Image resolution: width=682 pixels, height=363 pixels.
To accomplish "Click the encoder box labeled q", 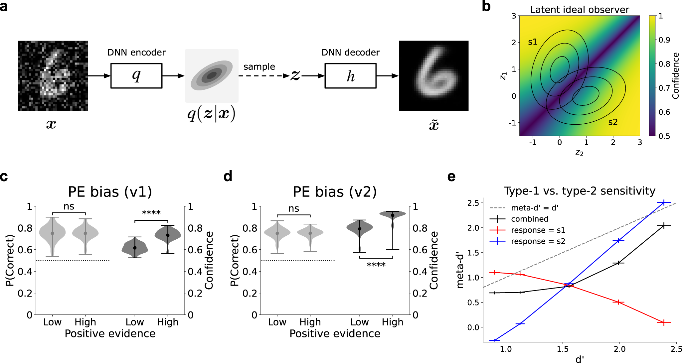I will click(136, 76).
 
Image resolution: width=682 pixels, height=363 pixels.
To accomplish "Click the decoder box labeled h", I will click(350, 76).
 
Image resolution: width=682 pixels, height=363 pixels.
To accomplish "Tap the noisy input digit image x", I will click(53, 76).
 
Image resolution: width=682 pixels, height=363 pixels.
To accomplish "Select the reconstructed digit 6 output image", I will click(434, 76).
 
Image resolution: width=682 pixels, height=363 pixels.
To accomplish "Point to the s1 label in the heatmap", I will click(533, 42).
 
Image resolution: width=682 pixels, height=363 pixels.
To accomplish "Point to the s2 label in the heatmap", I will click(613, 122).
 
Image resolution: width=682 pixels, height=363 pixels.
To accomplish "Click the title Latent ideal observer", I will click(580, 10).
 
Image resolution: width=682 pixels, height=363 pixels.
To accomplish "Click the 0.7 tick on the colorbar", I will click(664, 88).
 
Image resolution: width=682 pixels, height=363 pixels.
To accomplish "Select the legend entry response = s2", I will click(538, 241).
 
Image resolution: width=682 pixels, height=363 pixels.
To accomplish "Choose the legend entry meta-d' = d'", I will click(535, 208).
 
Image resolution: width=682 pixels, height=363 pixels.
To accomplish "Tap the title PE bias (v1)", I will click(110, 192).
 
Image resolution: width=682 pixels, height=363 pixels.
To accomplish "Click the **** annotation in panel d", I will click(376, 265).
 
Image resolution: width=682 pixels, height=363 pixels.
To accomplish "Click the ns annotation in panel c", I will click(69, 207).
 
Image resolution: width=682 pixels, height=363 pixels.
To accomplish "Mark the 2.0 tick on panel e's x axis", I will click(619, 349).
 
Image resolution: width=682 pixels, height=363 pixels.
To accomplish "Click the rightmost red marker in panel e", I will click(664, 322).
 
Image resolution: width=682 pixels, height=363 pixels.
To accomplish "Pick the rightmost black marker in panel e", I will click(664, 226).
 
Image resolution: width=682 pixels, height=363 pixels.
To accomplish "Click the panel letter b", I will click(486, 7).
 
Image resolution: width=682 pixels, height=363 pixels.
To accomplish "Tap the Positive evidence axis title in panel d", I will click(335, 333).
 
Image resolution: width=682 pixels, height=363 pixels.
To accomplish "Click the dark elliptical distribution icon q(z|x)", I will click(212, 76).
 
